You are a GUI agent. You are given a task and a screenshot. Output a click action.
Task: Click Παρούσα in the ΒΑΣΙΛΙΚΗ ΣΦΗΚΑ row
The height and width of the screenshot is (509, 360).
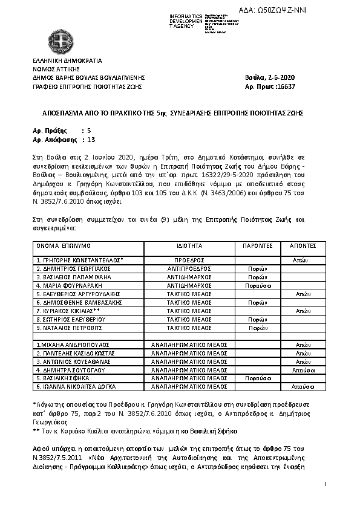click(x=257, y=377)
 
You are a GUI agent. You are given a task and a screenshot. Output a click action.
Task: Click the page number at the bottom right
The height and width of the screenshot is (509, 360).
click(x=325, y=484)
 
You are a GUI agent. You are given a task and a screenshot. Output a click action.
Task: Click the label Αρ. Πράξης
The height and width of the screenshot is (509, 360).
click(x=47, y=130)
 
